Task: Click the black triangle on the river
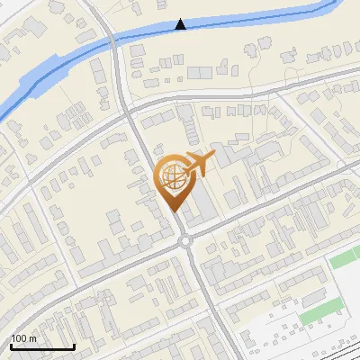tap(181, 24)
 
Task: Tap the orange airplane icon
tap(200, 164)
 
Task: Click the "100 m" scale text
tap(23, 338)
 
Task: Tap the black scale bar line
tap(42, 346)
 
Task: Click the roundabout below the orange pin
tap(184, 240)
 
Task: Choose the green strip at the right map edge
tap(345, 258)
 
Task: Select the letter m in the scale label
tap(32, 338)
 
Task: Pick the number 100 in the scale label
tap(19, 338)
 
